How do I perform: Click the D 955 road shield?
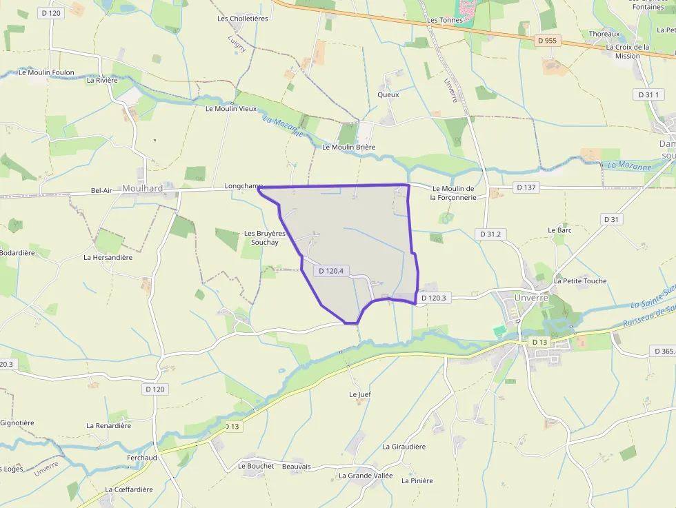tap(546, 41)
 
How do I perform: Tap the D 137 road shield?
tap(526, 187)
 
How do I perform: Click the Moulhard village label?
tap(141, 188)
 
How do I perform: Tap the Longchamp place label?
tap(243, 186)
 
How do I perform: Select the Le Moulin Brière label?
tap(349, 147)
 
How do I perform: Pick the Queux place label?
tap(388, 94)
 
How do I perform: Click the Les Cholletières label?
tap(243, 19)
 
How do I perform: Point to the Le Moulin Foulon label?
tap(47, 72)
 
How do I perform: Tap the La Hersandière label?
tap(108, 257)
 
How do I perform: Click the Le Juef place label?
tap(360, 394)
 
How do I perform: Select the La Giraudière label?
tap(404, 446)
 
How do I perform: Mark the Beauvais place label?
tap(297, 467)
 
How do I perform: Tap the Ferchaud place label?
tap(142, 458)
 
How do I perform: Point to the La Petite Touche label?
tap(580, 281)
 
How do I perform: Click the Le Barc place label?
tap(560, 230)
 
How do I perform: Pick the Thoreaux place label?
tap(604, 34)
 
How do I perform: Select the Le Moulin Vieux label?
tap(231, 108)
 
